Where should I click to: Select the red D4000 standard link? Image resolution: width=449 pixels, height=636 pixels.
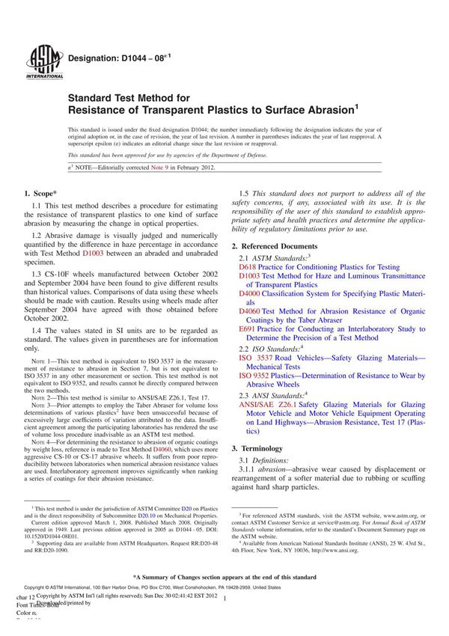[x=250, y=293]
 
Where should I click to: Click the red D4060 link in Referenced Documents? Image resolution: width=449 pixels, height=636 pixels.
[x=250, y=311]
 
